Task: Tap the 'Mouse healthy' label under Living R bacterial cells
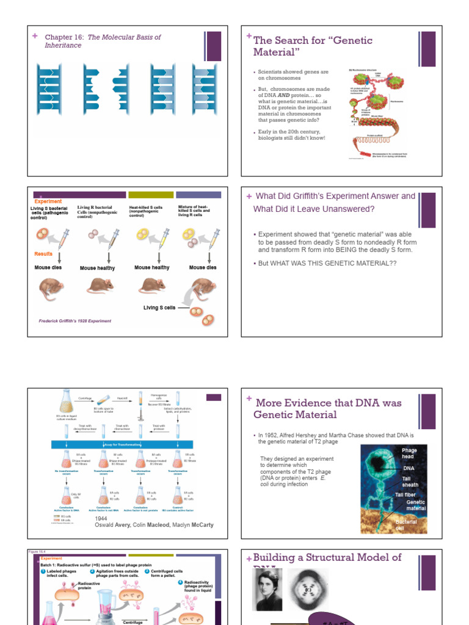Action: pyautogui.click(x=97, y=268)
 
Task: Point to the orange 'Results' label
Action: pyautogui.click(x=43, y=254)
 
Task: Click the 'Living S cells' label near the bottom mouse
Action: pyautogui.click(x=159, y=308)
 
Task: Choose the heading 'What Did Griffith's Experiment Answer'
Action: pyautogui.click(x=335, y=197)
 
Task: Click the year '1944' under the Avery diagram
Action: pyautogui.click(x=101, y=518)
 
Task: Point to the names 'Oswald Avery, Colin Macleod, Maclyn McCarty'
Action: pyautogui.click(x=154, y=525)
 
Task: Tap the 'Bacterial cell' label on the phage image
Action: pyautogui.click(x=407, y=525)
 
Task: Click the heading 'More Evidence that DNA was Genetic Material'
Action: pyautogui.click(x=329, y=409)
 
